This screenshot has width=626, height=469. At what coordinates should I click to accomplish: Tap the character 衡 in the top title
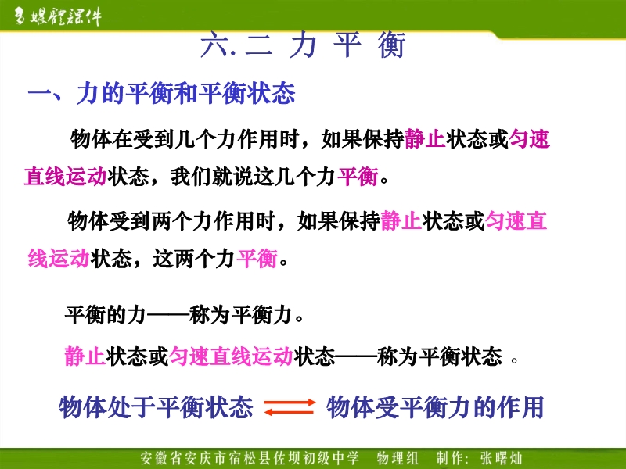(391, 45)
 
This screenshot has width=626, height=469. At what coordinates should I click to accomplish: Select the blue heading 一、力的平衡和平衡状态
(161, 93)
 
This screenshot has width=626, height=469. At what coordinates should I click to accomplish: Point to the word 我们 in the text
(191, 177)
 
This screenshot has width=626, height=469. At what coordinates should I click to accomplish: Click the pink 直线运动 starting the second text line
(66, 177)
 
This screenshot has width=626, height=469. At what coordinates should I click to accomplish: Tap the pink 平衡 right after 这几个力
(358, 177)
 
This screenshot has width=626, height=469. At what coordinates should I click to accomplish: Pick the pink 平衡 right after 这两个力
(257, 259)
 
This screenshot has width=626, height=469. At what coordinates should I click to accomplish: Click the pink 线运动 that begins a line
(59, 259)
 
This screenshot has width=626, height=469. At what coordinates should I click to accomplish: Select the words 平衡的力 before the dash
(106, 315)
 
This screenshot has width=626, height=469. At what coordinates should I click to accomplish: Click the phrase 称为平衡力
(241, 315)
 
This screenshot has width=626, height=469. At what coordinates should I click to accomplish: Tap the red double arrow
(290, 407)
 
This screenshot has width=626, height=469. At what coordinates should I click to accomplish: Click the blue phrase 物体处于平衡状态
(156, 407)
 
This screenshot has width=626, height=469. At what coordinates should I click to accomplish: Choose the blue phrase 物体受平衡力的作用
(435, 407)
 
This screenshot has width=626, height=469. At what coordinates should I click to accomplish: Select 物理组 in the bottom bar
(398, 458)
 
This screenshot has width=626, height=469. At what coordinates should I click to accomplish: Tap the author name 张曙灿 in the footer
(502, 458)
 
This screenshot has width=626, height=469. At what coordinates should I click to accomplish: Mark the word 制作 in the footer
(451, 458)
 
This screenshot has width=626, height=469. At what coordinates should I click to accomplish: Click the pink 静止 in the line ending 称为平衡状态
(85, 356)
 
